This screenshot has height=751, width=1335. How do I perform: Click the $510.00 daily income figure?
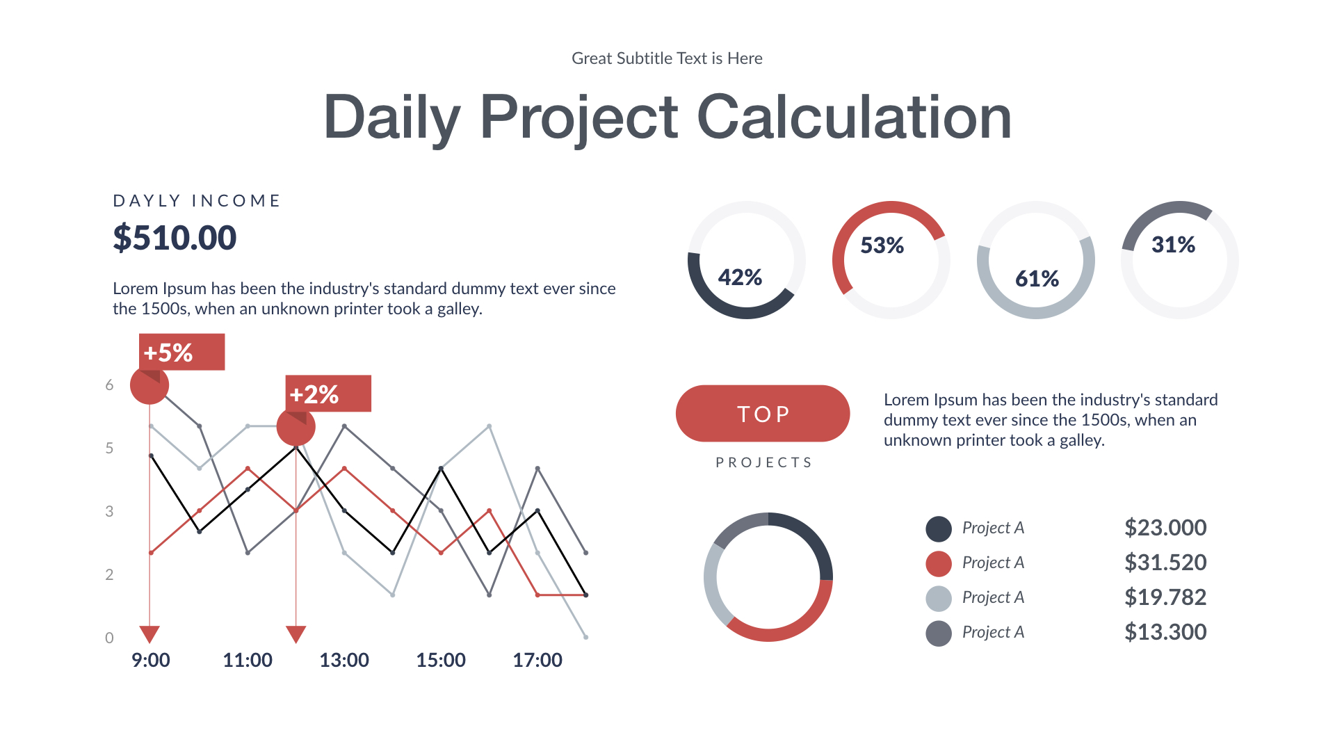pyautogui.click(x=175, y=238)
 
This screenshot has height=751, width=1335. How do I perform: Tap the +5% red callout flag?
pyautogui.click(x=181, y=353)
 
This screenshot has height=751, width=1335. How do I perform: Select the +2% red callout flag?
pyautogui.click(x=327, y=394)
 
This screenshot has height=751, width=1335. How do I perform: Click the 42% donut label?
pyautogui.click(x=740, y=277)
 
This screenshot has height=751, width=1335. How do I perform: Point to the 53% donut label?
pyautogui.click(x=882, y=245)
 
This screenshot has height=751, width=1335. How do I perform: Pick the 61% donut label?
pyautogui.click(x=1037, y=279)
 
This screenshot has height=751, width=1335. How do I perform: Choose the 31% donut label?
pyautogui.click(x=1173, y=245)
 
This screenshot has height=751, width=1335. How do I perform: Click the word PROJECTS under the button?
pyautogui.click(x=763, y=462)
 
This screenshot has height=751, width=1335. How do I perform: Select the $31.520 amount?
pyautogui.click(x=1165, y=563)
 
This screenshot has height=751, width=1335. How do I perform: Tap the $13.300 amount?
pyautogui.click(x=1165, y=632)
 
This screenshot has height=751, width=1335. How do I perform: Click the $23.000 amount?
pyautogui.click(x=1165, y=528)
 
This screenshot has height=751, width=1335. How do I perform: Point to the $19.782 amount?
pyautogui.click(x=1165, y=597)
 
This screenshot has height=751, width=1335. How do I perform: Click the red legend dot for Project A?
pyautogui.click(x=939, y=563)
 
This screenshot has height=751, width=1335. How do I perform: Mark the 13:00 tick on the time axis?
pyautogui.click(x=344, y=660)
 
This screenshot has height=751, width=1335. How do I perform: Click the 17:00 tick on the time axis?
pyautogui.click(x=537, y=660)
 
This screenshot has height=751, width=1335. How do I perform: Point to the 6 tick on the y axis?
pyautogui.click(x=109, y=385)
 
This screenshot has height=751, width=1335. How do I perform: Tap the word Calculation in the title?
pyautogui.click(x=854, y=117)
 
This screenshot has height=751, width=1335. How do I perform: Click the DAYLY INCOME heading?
pyautogui.click(x=197, y=201)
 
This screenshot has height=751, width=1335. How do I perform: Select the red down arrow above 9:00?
pyautogui.click(x=149, y=633)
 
